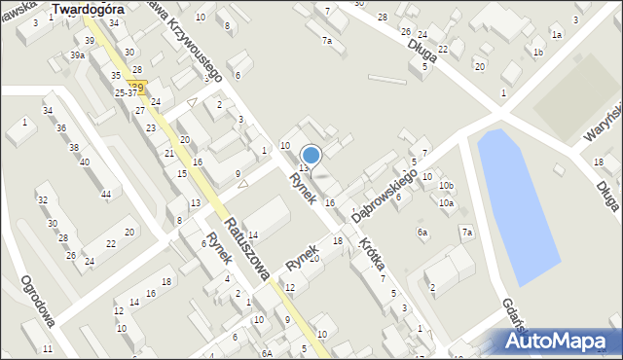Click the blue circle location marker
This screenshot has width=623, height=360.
click(x=311, y=155)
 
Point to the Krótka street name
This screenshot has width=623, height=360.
click(x=370, y=255)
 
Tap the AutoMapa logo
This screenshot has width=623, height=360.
click(x=560, y=341)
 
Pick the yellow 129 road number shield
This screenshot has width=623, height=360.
click(x=137, y=88)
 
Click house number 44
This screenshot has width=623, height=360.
click(x=105, y=195)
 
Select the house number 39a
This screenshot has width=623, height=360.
click(x=77, y=55)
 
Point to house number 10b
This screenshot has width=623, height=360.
click(x=446, y=185)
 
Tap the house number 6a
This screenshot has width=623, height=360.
click(x=423, y=233)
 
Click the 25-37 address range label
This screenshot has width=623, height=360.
click(x=126, y=93)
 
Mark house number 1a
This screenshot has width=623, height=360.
click(x=557, y=34)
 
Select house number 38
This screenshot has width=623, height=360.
click(x=73, y=148)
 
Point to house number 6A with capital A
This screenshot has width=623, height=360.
click(x=267, y=353)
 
